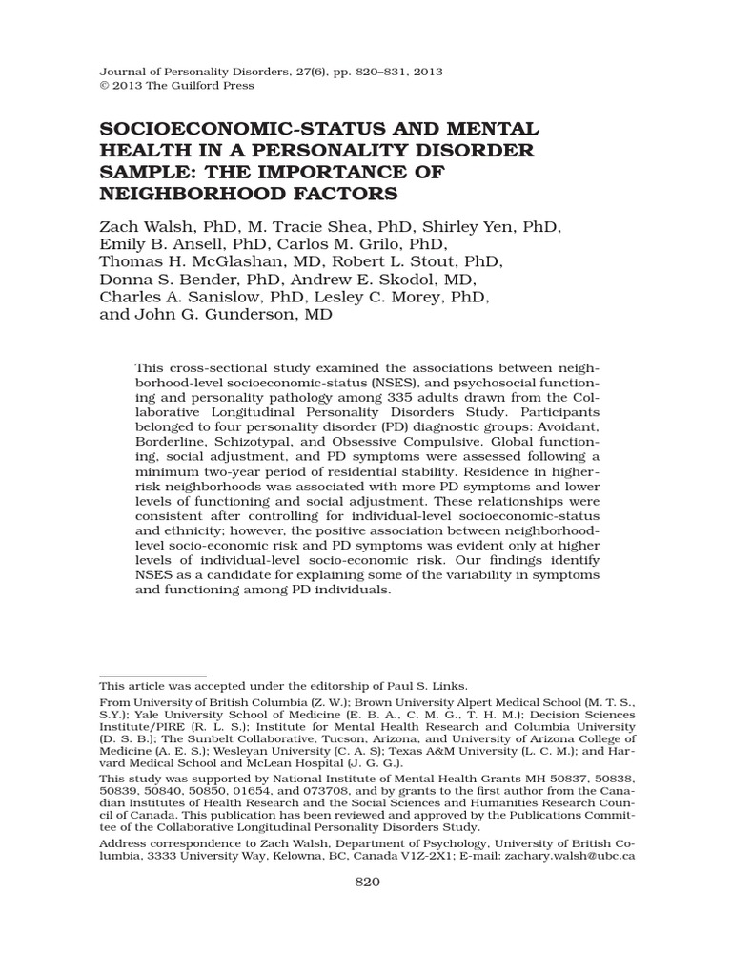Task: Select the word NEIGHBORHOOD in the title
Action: (x=185, y=195)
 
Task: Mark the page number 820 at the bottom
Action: (x=367, y=883)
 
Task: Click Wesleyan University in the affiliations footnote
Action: (x=273, y=752)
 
